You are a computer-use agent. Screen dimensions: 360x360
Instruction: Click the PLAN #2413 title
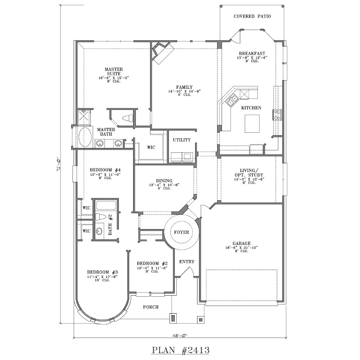180,350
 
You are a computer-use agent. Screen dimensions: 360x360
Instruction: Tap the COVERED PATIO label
252,16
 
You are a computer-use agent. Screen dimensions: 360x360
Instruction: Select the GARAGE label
242,243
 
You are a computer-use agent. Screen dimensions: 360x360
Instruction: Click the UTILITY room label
182,140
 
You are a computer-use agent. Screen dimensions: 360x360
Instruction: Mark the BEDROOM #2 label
152,263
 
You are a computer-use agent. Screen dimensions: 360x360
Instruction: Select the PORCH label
151,307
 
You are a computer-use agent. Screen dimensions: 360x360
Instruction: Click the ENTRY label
186,262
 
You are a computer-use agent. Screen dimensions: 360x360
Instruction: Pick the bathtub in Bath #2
106,206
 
